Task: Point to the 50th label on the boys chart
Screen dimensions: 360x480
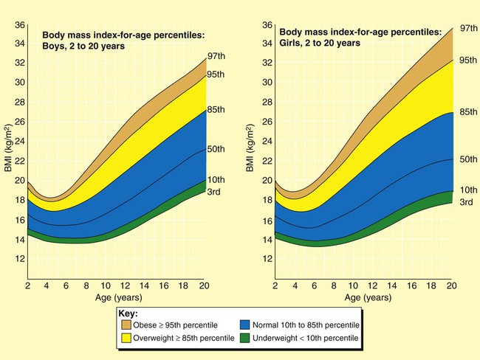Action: (x=216, y=149)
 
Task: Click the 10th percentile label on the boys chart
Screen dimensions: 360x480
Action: (x=216, y=180)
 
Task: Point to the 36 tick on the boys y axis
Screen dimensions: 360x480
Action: (x=21, y=25)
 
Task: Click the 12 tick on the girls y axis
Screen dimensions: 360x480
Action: (x=267, y=258)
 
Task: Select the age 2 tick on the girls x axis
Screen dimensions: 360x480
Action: (x=274, y=285)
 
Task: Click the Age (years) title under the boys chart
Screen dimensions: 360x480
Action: (x=117, y=299)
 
